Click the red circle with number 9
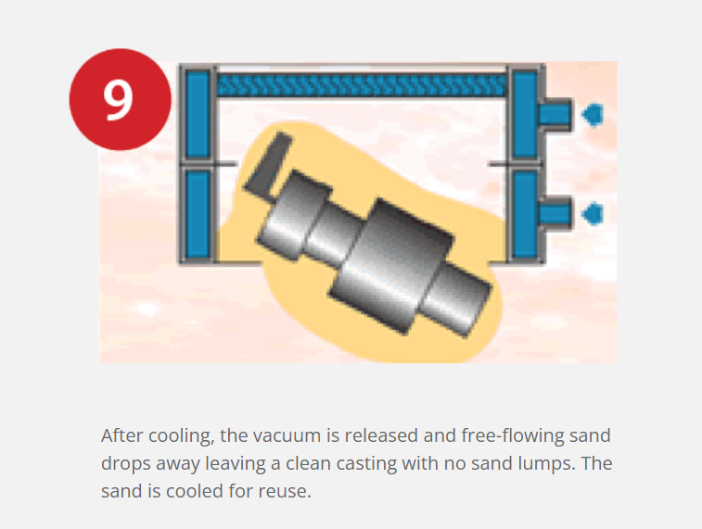point(120,99)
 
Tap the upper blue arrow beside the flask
point(593,115)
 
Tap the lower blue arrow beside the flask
point(593,213)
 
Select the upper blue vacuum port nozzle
point(555,115)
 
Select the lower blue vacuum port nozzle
point(555,213)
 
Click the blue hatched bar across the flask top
point(362,85)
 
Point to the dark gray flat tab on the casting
point(268,167)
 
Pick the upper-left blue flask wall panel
point(198,114)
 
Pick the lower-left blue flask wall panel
point(198,215)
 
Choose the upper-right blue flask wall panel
point(525,114)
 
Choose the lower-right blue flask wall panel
point(525,215)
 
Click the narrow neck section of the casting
point(334,236)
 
